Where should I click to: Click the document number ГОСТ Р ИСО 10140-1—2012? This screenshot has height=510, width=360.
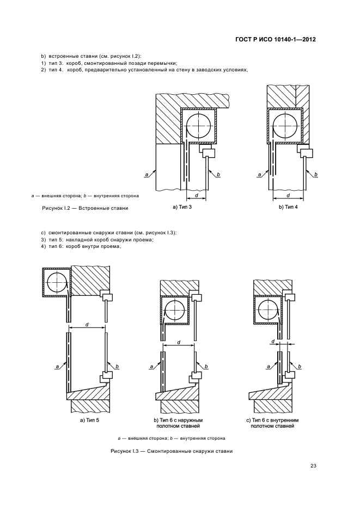(275, 40)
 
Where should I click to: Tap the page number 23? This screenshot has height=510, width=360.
(313, 466)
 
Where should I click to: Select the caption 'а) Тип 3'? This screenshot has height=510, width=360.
(182, 207)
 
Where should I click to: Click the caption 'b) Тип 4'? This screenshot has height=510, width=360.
(288, 207)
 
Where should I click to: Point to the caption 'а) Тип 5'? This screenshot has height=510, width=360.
(89, 420)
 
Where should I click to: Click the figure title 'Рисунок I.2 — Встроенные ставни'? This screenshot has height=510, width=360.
(85, 208)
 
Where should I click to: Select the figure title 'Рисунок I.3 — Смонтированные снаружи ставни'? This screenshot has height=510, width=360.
(172, 451)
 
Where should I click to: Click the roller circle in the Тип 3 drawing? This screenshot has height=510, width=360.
(199, 125)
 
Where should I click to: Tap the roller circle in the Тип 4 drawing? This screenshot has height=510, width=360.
(285, 125)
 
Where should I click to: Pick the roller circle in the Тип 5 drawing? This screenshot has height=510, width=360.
(57, 282)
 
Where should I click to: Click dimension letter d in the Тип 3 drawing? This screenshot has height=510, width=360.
(196, 195)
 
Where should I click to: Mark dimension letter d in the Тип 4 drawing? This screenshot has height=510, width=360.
(289, 195)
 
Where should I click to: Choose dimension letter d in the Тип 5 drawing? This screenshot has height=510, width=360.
(86, 324)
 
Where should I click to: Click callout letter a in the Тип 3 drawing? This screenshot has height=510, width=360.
(147, 175)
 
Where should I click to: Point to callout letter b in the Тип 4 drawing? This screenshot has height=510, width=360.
(316, 175)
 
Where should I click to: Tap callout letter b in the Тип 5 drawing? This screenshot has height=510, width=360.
(117, 367)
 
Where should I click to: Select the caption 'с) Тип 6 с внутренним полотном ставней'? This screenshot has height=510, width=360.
(272, 423)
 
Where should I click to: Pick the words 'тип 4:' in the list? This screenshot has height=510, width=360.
(56, 70)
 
